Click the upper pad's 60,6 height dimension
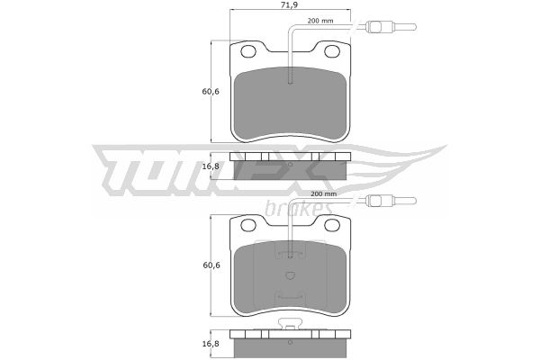pos(211,92)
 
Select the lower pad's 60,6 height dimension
pos(211,265)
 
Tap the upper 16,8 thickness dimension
pos(211,166)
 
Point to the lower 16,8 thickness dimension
pos(211,344)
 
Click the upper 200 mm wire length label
pos(320,21)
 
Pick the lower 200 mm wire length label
pos(324,194)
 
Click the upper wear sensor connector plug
pos(391,26)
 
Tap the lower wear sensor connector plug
pos(391,201)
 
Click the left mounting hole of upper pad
pos(248,51)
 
